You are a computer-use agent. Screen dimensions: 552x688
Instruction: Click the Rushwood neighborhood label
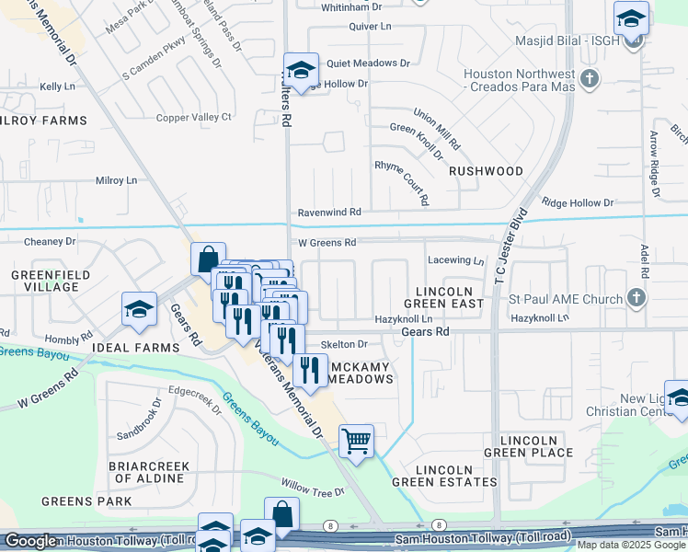(486, 171)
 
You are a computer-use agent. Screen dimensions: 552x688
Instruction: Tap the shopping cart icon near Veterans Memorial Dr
(356, 440)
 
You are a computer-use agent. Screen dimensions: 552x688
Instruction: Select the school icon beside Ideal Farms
(139, 309)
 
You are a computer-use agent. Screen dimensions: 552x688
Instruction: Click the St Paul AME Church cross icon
(635, 297)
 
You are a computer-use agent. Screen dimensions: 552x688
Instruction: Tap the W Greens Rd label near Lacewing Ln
(326, 243)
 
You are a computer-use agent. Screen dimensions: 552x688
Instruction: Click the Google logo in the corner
(29, 541)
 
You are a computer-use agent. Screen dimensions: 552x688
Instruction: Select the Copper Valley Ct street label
(193, 117)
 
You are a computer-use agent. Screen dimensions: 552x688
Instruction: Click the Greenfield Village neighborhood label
(45, 281)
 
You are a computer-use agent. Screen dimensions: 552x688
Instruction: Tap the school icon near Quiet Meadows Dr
(301, 69)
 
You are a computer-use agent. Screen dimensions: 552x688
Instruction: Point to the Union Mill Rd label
(437, 130)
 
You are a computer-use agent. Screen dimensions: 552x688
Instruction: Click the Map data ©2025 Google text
(631, 545)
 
